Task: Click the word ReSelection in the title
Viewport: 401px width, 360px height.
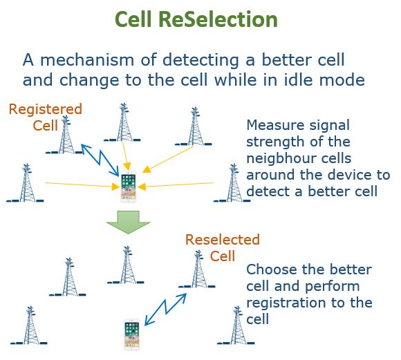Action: [x=218, y=19]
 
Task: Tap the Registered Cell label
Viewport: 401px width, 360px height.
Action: [x=46, y=117]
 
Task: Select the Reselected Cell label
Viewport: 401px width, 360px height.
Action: [x=223, y=248]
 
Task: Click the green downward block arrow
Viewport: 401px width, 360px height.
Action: [x=128, y=222]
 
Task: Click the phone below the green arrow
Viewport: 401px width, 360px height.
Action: [x=131, y=334]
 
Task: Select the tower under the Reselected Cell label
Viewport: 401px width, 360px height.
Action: [x=197, y=269]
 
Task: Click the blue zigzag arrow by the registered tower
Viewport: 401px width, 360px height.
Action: [x=100, y=160]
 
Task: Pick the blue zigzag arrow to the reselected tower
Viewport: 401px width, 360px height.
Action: [x=166, y=310]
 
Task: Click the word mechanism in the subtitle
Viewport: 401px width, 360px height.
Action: [x=87, y=60]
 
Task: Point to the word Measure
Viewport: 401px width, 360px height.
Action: [x=276, y=125]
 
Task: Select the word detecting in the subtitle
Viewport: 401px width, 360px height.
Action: [x=200, y=61]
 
